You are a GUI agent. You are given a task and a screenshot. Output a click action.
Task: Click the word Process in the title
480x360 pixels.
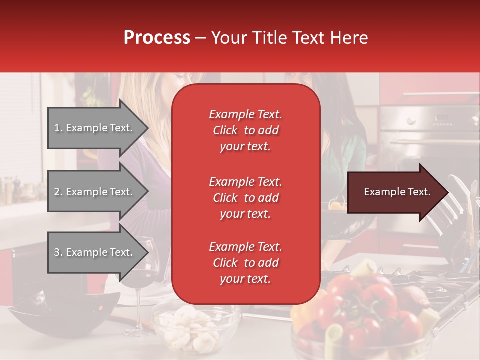(157, 37)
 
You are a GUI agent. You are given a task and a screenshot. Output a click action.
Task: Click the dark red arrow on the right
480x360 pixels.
(392, 192)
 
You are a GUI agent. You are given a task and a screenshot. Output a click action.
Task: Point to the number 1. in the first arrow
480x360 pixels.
(58, 128)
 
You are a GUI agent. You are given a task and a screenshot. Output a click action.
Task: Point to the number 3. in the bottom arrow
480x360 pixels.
(58, 252)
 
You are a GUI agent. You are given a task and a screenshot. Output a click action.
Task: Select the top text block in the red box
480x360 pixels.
(245, 130)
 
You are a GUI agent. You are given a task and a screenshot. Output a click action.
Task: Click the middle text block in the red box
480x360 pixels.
(245, 198)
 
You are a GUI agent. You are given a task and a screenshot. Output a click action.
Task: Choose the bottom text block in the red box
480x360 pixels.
(245, 263)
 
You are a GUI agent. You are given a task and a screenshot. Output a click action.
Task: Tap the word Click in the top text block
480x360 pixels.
(225, 130)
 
